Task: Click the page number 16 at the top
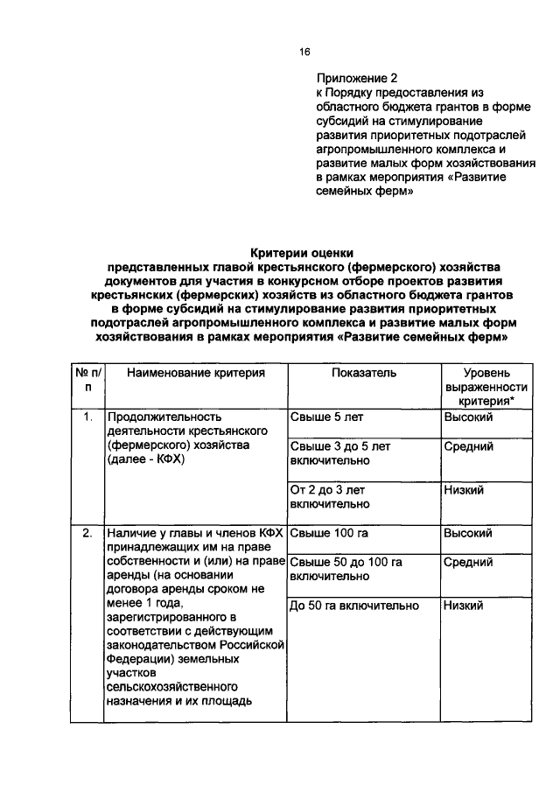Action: click(x=304, y=52)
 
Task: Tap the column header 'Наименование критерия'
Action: click(x=195, y=373)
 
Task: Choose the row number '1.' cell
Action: click(x=87, y=417)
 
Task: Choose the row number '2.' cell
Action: click(x=87, y=533)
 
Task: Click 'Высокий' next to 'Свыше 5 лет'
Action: click(x=468, y=417)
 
